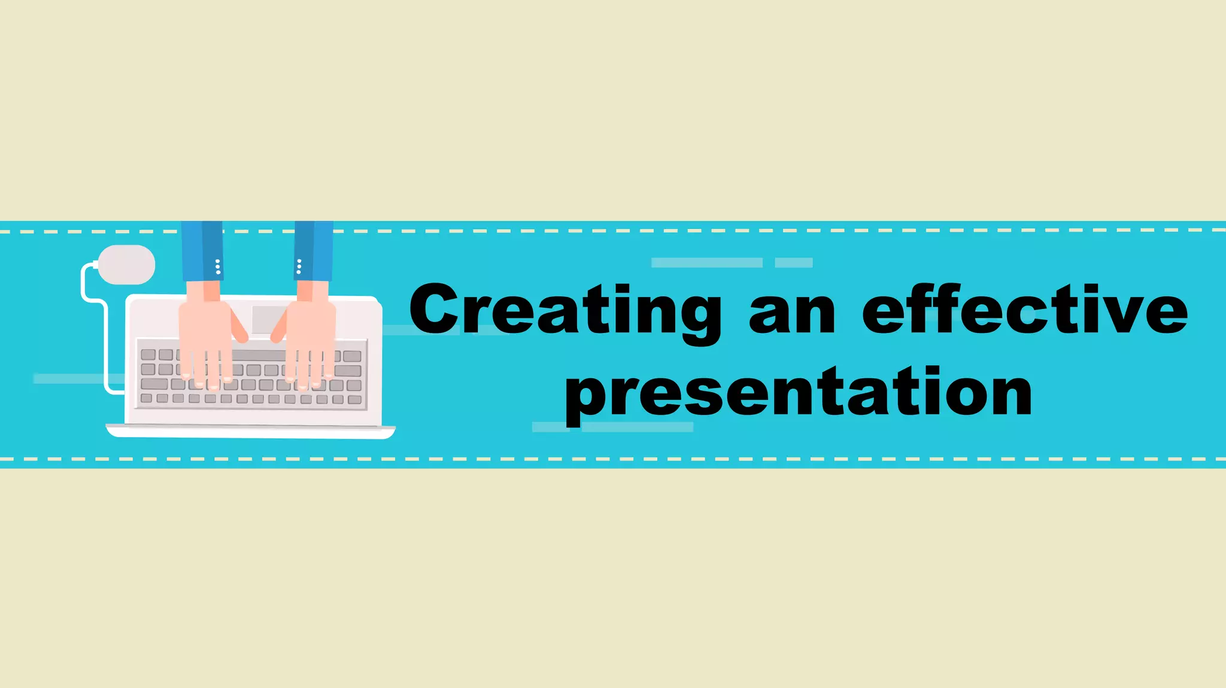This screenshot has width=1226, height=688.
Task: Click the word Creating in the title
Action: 565,311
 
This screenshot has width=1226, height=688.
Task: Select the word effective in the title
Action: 1024,311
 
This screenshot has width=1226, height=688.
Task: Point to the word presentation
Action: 799,393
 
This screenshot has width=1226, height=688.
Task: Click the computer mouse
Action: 126,265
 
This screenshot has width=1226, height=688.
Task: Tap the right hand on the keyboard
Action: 309,338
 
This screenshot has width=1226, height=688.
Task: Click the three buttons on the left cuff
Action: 218,267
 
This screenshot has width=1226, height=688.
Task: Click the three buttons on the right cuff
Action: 299,267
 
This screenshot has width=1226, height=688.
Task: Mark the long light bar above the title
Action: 706,262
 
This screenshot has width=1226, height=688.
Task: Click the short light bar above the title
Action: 794,262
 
